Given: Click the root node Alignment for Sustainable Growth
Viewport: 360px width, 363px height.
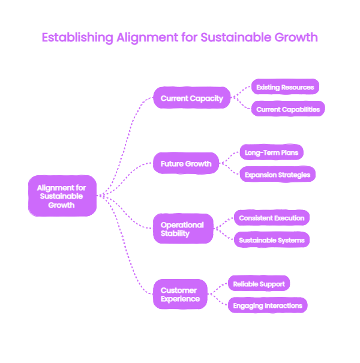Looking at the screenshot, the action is pos(62,196).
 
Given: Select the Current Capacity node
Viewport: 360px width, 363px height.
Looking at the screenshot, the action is pos(191,98).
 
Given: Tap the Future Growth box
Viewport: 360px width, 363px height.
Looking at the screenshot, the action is pos(186,163).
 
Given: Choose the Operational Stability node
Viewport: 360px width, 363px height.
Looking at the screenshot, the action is pos(183,229).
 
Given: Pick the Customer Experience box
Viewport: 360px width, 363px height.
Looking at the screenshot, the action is pos(180,294).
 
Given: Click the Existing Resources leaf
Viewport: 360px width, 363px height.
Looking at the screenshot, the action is pos(285,87).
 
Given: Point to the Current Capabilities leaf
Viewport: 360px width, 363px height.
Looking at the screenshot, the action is pos(288,109).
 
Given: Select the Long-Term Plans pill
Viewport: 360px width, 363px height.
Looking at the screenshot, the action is pos(272,152).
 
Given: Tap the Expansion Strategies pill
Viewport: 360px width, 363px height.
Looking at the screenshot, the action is pos(278,175).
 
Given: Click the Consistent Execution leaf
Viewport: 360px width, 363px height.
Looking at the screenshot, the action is pos(272,218).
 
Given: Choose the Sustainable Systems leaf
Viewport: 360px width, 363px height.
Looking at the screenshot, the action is pos(272,240).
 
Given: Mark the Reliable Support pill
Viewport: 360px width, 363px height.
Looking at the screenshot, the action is pos(259,283).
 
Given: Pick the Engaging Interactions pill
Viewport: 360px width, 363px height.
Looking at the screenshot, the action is pos(268,305).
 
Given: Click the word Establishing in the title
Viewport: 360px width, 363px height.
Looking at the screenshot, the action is pos(77,38).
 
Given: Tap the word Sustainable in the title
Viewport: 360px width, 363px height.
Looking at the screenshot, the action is pos(236,37).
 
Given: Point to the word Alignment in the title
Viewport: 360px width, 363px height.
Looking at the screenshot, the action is pos(148,38).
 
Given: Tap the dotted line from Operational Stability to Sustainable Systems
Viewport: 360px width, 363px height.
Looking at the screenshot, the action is pos(223,234).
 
